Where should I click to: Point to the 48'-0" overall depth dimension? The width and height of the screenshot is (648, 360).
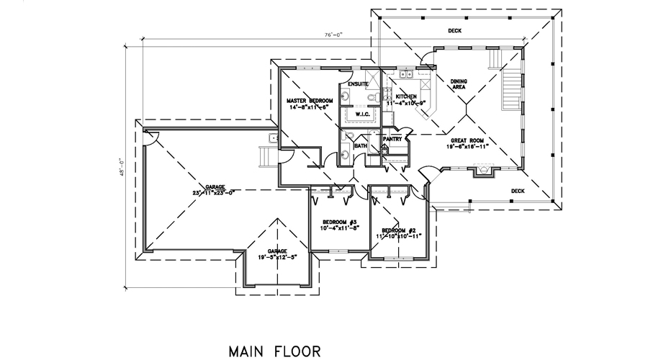tap(122, 166)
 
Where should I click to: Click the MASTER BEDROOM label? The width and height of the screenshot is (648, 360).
tap(310, 100)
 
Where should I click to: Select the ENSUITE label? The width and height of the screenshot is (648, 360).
tap(358, 85)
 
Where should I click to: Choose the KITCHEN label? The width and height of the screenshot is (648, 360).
tap(406, 96)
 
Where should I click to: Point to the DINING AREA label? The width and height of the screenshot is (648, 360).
tap(459, 84)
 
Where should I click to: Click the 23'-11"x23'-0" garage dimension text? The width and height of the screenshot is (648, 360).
tap(215, 192)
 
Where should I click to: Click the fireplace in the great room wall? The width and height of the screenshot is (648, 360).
tap(482, 171)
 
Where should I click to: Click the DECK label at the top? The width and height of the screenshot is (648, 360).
tap(454, 31)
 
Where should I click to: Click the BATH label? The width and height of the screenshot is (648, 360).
tap(360, 146)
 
